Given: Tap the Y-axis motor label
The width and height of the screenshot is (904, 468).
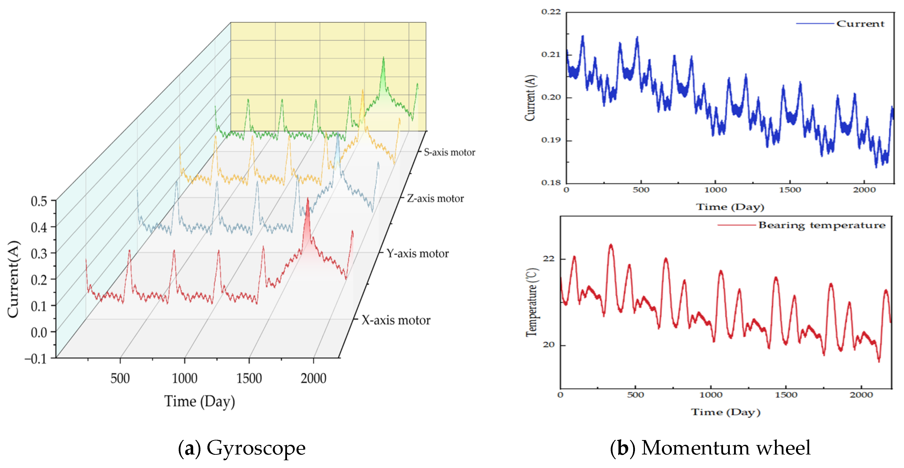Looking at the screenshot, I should (417, 253).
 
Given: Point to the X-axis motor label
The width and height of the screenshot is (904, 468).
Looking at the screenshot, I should (396, 320).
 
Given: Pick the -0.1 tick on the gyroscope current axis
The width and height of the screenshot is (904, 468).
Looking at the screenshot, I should (35, 359).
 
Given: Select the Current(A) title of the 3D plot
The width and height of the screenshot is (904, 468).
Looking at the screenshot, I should (13, 279).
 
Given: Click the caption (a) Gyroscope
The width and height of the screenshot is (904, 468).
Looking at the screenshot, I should (242, 448).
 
